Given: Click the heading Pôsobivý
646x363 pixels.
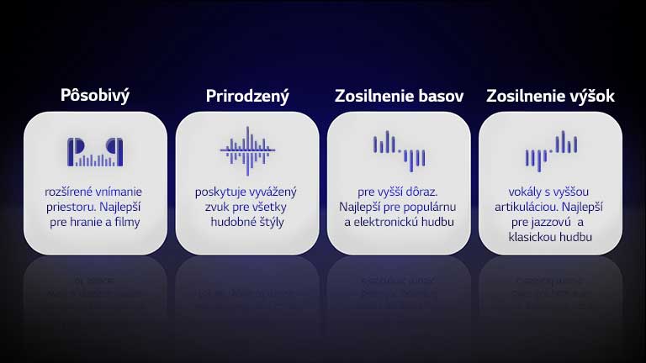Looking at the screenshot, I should click(95, 96).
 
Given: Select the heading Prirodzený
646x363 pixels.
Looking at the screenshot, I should click(247, 96).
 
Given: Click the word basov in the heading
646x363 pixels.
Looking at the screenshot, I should click(443, 96).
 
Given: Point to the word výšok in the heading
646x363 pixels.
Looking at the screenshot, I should click(590, 96).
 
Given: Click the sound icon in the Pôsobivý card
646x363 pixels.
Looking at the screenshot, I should click(95, 151).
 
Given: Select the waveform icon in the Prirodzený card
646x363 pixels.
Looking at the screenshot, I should click(247, 150).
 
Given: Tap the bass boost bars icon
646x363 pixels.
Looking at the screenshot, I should click(399, 150).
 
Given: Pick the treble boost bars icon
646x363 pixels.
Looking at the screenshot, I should click(550, 150).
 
